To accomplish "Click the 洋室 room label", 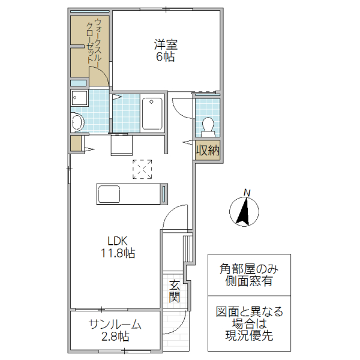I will (x=166, y=44).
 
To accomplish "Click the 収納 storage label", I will (x=207, y=151).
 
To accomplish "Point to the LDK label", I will (x=118, y=241).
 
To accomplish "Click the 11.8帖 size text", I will (x=118, y=253).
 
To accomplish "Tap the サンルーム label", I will (x=115, y=325).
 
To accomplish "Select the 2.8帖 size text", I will (x=115, y=337).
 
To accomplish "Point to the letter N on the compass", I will (x=246, y=192).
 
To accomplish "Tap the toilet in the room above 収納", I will (x=208, y=124).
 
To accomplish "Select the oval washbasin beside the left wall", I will (x=77, y=122).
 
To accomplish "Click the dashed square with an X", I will (x=142, y=169).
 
